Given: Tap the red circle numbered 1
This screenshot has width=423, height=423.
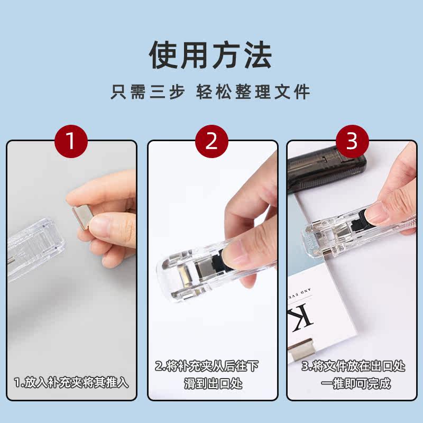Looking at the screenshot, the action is tap(71, 141).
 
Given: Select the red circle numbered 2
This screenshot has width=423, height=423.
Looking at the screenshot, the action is tap(212, 141).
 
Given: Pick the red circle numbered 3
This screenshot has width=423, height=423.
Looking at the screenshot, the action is tap(352, 141).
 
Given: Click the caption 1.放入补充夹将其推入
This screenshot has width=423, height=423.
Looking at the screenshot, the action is tap(71, 382).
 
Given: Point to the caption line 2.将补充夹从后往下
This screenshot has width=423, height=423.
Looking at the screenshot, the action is tap(207, 366).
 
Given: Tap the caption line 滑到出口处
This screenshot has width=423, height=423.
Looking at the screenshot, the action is tap(213, 383).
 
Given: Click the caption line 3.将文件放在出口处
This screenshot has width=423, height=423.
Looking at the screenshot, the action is tap(353, 366).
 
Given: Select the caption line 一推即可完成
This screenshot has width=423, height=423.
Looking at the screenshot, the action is tap(356, 383).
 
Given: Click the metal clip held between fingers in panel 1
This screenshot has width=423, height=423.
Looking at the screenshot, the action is tap(82, 217).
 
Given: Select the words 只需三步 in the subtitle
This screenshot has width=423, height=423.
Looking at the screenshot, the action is tap(148, 91).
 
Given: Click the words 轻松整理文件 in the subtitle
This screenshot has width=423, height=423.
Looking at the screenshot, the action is tap(253, 91).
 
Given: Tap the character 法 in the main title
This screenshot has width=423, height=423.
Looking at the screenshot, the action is tap(258, 56).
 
